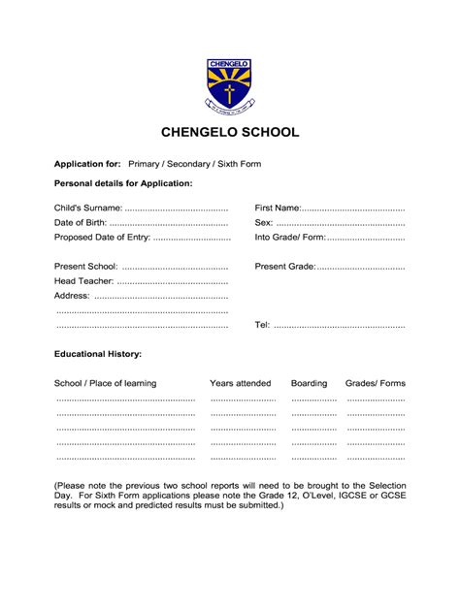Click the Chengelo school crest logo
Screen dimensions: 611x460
230,86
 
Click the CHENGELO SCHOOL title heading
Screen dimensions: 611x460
230,133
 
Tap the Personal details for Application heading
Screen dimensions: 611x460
123,183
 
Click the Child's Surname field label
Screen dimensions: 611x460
88,208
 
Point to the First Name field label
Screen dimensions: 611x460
278,208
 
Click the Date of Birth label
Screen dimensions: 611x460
82,222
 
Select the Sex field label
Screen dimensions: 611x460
264,222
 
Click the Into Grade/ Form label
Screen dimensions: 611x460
290,237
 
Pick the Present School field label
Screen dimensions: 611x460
85,266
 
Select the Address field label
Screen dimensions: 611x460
72,295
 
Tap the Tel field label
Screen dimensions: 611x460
262,325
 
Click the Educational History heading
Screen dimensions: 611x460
98,355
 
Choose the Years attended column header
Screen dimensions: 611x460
241,383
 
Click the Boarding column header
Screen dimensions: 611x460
310,383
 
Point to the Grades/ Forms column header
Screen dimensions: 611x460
376,383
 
